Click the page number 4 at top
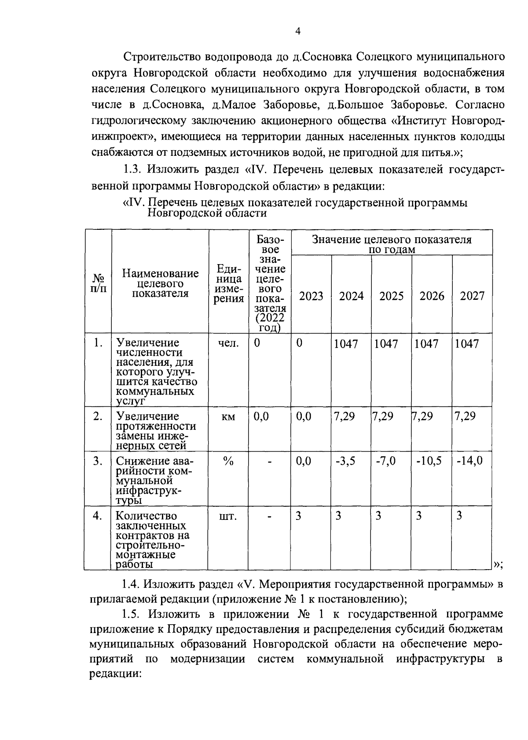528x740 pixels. (x=298, y=31)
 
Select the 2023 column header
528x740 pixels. (x=311, y=296)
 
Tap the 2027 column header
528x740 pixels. (x=472, y=296)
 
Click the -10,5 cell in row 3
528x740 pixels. (x=429, y=461)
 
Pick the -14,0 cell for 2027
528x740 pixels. (x=469, y=461)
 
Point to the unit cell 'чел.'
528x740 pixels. (x=228, y=343)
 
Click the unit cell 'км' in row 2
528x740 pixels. (x=228, y=416)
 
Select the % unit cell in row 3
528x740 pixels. (x=228, y=461)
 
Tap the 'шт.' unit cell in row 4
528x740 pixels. (x=228, y=516)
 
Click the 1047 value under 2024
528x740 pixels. (x=346, y=344)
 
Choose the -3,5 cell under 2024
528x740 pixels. (x=345, y=461)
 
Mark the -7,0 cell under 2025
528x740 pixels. (x=386, y=461)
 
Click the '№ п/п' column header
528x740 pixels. (x=99, y=283)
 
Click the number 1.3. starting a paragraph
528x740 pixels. (x=132, y=169)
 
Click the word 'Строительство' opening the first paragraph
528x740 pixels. (x=160, y=57)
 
